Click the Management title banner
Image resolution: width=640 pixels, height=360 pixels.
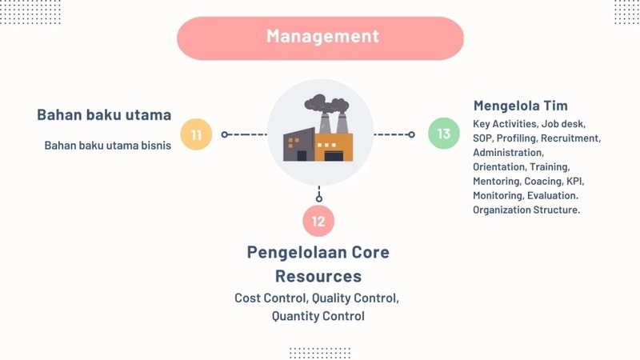coord(320,37)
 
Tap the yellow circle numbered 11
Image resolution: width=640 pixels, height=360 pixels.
coord(196,134)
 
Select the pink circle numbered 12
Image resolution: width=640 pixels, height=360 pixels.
coord(318,221)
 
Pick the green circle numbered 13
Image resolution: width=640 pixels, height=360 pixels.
coord(444,134)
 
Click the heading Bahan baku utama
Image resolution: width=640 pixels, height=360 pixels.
coord(104,114)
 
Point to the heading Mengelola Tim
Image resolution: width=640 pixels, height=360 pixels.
coord(521,106)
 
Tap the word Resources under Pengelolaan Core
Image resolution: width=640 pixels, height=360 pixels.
coord(318,277)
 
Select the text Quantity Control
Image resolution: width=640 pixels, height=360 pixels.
coord(318,316)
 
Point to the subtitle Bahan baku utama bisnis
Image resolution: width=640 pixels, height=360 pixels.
coord(108,146)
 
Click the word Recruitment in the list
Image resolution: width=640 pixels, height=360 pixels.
coord(570,138)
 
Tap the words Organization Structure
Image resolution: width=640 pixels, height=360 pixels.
coord(526,210)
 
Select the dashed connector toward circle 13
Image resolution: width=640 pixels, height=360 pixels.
coord(393,134)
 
